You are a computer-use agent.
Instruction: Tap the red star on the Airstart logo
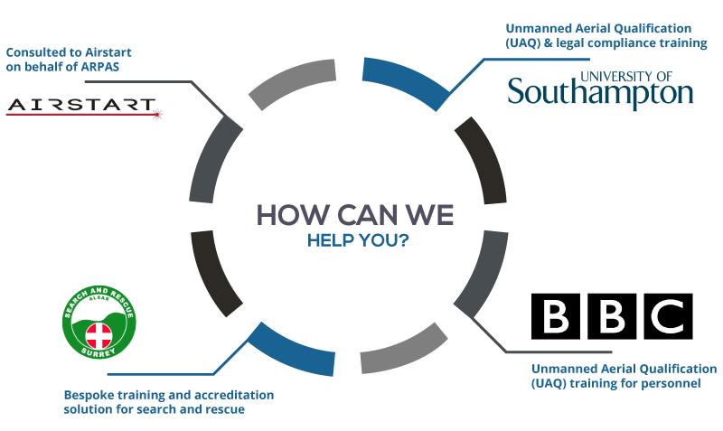157,114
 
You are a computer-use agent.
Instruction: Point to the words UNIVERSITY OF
626,77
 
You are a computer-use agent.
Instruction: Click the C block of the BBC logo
668,316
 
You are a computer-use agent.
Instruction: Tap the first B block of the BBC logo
556,316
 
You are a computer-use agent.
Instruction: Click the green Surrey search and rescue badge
99,323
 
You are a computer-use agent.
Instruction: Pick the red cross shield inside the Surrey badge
99,335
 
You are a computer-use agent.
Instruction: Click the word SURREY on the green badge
99,352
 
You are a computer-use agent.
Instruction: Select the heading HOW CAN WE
355,215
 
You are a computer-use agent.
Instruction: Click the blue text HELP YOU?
358,240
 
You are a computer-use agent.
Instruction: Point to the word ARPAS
100,67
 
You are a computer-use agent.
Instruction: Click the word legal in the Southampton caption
568,43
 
